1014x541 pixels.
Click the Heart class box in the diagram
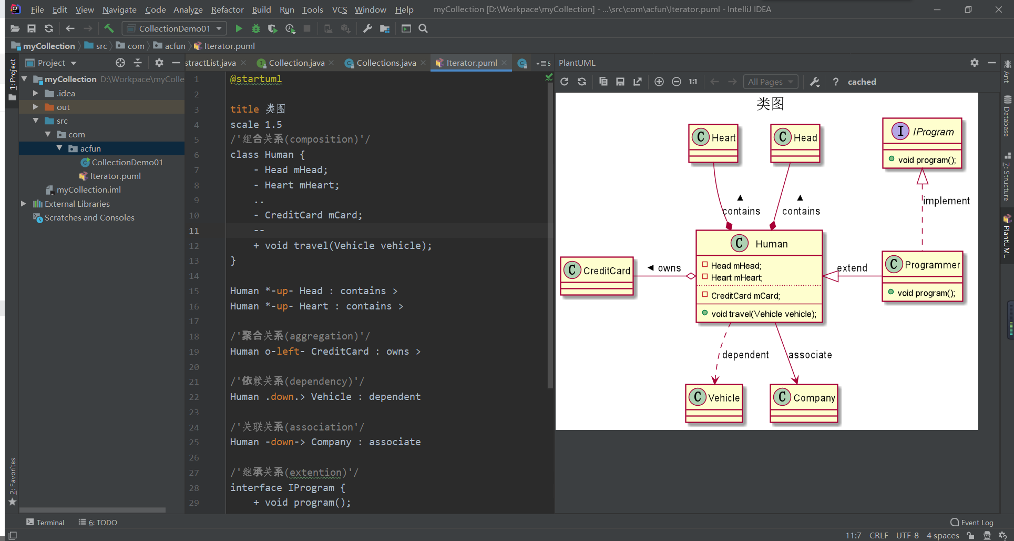tap(713, 143)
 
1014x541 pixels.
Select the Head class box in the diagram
tap(795, 143)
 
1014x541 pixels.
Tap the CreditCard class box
tap(597, 276)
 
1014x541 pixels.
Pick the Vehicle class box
tap(714, 403)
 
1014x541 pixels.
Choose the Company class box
tap(804, 403)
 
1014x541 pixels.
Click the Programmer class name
tap(931, 265)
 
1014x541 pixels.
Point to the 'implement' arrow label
tap(946, 201)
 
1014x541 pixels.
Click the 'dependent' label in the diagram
tap(745, 355)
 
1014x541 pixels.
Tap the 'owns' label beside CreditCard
tap(669, 268)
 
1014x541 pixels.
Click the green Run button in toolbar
tap(239, 28)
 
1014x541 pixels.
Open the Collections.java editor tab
tap(386, 63)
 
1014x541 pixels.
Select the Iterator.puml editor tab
tap(471, 63)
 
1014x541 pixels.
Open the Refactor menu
tap(227, 9)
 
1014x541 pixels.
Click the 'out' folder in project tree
tap(63, 107)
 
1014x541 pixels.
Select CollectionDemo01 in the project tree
tap(127, 162)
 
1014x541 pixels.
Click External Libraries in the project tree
tap(77, 204)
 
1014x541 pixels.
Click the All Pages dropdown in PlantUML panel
tap(770, 82)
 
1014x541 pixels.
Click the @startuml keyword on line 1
tap(256, 79)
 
